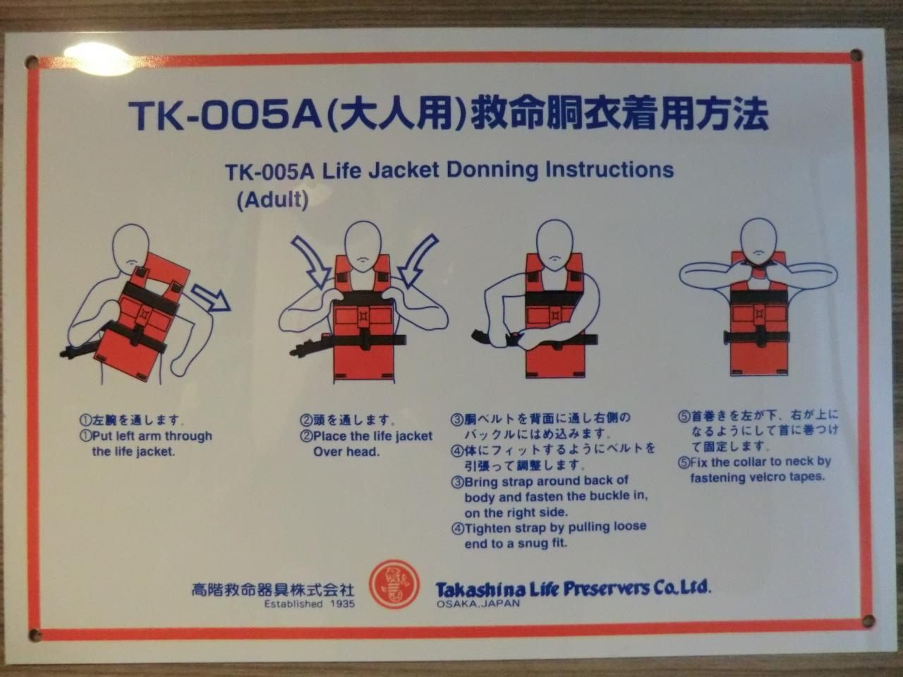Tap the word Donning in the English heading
pos(492,171)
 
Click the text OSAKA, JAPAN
pos(478,604)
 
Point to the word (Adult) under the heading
pos(273,200)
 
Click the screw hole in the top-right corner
pos(856,55)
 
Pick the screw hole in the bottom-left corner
pos(35,635)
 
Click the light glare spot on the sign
pos(99,59)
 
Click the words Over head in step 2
pos(346,452)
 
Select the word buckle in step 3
pos(610,496)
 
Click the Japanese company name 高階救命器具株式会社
pos(272,590)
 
